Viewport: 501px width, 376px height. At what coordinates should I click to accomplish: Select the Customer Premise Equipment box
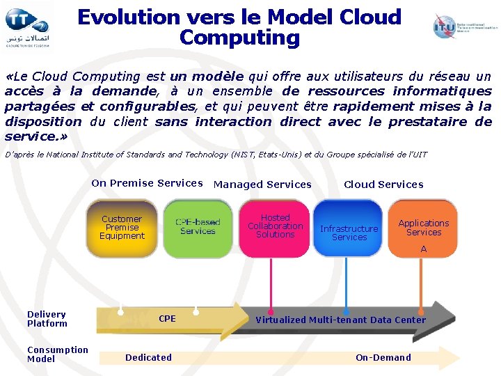point(122,228)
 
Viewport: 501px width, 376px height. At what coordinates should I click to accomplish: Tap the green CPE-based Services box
point(198,227)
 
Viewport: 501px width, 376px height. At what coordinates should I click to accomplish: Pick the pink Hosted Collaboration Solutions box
point(276,226)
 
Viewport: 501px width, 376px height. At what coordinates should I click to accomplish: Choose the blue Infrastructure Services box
point(349,228)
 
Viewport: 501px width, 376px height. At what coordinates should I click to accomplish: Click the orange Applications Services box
point(424,228)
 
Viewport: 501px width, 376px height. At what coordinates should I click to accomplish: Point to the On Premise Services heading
point(147,183)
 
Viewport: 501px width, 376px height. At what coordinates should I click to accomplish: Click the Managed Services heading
point(262,185)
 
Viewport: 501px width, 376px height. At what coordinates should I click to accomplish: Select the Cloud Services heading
point(383,185)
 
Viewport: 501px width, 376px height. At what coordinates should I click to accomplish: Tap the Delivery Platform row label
point(47,319)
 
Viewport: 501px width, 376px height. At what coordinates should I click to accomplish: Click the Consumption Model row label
point(57,354)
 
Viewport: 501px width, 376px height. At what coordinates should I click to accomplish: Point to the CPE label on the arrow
point(167,319)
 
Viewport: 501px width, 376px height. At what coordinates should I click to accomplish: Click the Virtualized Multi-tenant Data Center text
point(340,320)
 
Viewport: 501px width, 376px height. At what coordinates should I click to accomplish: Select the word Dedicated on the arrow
point(148,358)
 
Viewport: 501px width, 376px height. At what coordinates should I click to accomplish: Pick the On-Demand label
point(383,358)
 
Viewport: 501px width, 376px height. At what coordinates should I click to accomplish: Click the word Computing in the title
point(239,37)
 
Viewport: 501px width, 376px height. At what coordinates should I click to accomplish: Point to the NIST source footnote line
point(216,155)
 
